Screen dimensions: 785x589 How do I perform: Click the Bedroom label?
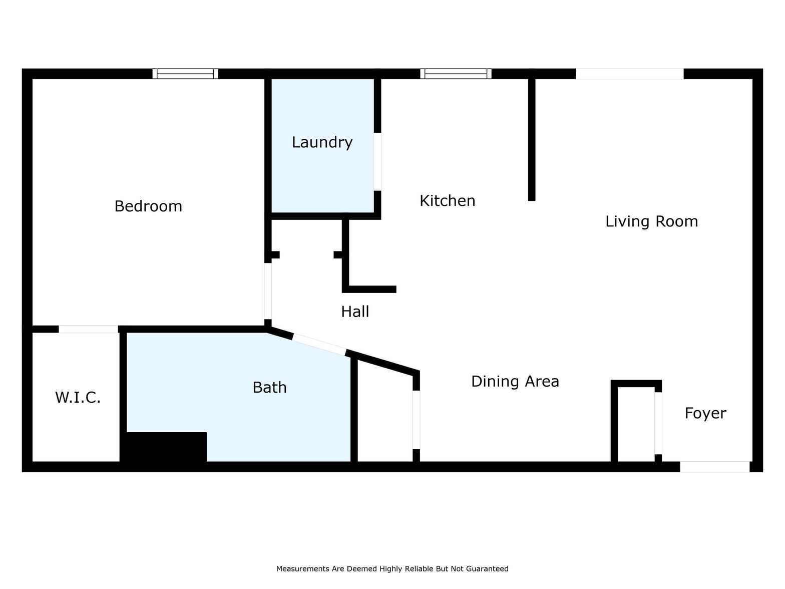click(x=148, y=206)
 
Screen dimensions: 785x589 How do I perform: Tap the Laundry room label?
click(x=322, y=143)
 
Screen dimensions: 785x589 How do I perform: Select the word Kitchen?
click(x=447, y=201)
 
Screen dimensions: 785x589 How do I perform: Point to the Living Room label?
click(x=651, y=221)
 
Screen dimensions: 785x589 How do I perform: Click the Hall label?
click(x=355, y=312)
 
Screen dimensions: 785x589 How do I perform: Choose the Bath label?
click(x=269, y=387)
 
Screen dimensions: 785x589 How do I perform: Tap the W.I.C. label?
click(x=78, y=397)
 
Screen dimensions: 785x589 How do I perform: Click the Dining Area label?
click(x=515, y=382)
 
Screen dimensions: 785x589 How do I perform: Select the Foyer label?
click(x=705, y=413)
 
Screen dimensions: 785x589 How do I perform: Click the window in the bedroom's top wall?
click(x=185, y=74)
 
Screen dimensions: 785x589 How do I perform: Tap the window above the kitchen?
click(x=456, y=74)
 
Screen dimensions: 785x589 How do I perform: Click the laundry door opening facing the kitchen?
click(x=377, y=162)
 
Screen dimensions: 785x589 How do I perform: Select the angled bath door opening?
click(x=319, y=345)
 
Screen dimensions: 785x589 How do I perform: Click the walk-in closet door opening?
click(x=88, y=329)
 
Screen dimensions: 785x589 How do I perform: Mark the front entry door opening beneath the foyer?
click(x=714, y=467)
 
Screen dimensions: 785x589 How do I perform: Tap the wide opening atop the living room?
click(x=629, y=74)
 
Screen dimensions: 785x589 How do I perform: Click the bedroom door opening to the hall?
click(x=268, y=291)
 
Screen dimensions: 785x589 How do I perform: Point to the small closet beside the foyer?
click(x=636, y=424)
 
